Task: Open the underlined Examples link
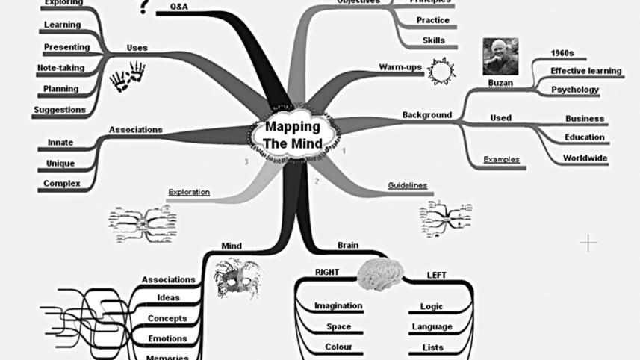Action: click(x=501, y=159)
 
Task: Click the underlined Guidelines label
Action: click(x=407, y=184)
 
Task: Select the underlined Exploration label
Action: click(x=188, y=191)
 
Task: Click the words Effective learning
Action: click(x=585, y=71)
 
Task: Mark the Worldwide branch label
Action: click(x=585, y=158)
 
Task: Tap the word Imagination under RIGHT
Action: click(x=338, y=305)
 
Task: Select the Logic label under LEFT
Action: click(x=432, y=306)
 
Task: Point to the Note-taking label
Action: click(x=61, y=68)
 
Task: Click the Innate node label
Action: click(x=60, y=142)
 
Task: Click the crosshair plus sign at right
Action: click(x=588, y=243)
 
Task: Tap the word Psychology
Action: click(x=575, y=90)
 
